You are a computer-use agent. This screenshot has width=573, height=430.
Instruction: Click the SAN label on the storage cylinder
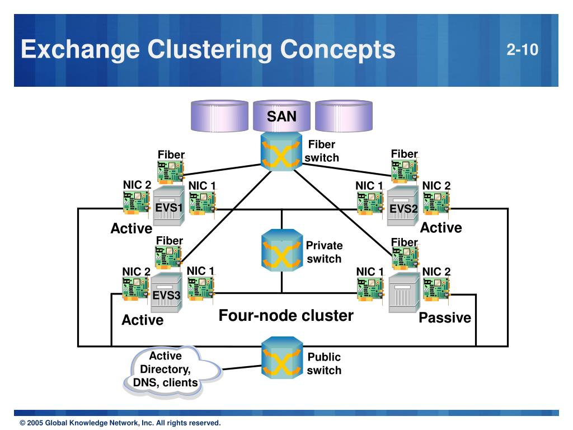281,116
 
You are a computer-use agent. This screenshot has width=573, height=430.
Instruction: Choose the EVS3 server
167,292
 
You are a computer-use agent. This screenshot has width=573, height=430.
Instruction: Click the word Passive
445,318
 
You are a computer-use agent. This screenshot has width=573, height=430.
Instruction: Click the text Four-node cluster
286,316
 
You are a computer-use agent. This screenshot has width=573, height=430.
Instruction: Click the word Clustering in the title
211,50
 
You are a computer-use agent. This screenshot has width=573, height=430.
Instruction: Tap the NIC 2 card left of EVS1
137,203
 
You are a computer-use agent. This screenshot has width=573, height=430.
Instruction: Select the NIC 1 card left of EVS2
370,203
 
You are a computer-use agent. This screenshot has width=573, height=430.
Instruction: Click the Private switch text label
324,252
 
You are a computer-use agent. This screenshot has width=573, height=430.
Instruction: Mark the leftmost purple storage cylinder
219,116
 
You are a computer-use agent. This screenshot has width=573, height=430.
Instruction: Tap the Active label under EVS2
441,228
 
